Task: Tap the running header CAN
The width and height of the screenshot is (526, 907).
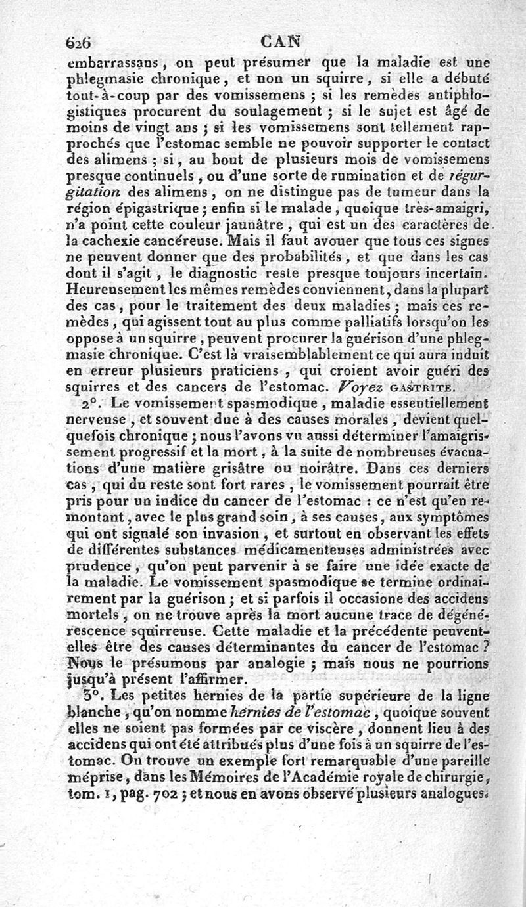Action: click(280, 41)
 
